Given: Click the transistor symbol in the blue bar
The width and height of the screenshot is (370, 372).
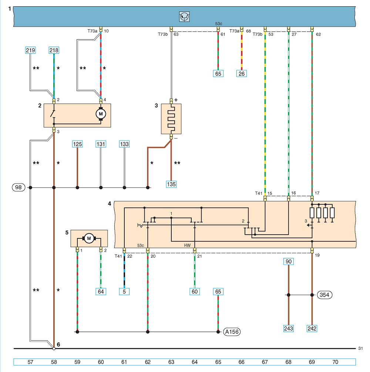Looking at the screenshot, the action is (x=184, y=17).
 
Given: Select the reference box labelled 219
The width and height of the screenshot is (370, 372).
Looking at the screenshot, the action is (x=30, y=50).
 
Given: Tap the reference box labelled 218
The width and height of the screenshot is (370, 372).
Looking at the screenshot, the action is (x=54, y=50).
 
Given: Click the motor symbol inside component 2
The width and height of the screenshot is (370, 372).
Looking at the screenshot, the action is (x=101, y=114).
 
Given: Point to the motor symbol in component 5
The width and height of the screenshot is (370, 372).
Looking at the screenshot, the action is (x=89, y=238).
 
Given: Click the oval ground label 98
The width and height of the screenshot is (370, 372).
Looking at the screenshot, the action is (x=18, y=187).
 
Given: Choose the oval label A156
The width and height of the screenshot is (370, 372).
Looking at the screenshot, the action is (x=232, y=332).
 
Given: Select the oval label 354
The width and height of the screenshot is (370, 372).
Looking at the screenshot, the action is (x=324, y=295).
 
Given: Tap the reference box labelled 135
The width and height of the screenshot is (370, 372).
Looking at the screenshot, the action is (x=171, y=184).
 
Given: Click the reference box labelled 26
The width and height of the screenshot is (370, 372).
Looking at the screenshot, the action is (x=242, y=74).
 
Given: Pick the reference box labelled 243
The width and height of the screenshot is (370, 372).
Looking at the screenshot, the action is (x=288, y=328).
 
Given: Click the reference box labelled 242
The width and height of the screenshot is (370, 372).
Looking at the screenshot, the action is (x=312, y=328).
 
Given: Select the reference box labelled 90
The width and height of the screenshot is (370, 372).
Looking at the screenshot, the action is (x=288, y=261).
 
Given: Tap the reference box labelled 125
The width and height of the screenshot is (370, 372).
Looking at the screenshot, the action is (x=77, y=144).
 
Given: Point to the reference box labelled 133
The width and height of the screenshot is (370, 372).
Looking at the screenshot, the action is (x=124, y=144).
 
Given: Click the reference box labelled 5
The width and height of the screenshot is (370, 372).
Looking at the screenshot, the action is (x=124, y=291).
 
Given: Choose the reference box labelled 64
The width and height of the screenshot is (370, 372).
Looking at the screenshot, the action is (x=101, y=291).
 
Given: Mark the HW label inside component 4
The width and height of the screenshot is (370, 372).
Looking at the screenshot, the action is (x=187, y=245).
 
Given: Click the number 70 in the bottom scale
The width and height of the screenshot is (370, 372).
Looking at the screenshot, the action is (x=335, y=362).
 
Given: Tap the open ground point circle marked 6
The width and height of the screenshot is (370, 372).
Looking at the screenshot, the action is (x=54, y=349).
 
